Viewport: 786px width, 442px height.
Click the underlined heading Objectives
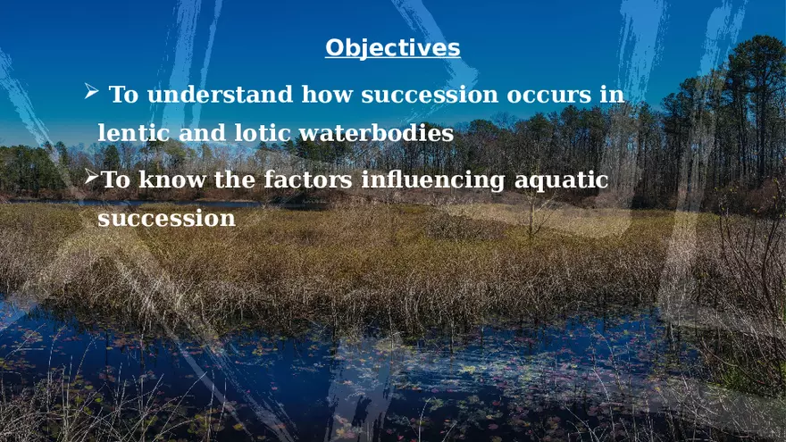(392, 47)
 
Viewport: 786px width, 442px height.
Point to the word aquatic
(562, 180)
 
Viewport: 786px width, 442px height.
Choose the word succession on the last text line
(166, 218)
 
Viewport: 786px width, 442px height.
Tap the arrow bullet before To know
(91, 179)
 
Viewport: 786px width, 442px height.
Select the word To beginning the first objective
(123, 95)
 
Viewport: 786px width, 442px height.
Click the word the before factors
(235, 180)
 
